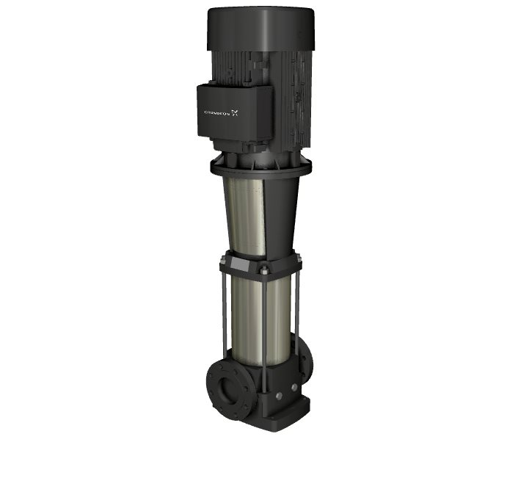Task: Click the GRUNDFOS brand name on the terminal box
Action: coord(217,113)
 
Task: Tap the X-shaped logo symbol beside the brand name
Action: coord(235,113)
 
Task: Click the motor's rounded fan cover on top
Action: coord(261,29)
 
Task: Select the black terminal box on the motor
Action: coord(235,110)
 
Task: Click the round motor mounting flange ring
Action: coord(261,167)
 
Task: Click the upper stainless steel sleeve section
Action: coord(246,217)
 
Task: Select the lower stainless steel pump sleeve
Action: coord(261,321)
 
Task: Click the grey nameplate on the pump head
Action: coord(239,264)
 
